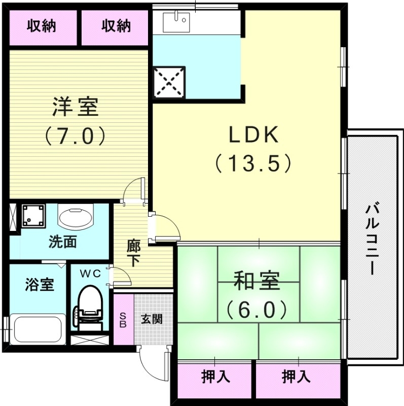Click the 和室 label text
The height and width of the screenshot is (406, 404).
[x=257, y=281]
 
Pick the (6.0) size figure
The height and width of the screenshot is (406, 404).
[x=257, y=308]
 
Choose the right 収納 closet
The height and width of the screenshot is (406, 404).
[x=116, y=26]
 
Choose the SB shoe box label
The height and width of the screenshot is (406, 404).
[x=122, y=320]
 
